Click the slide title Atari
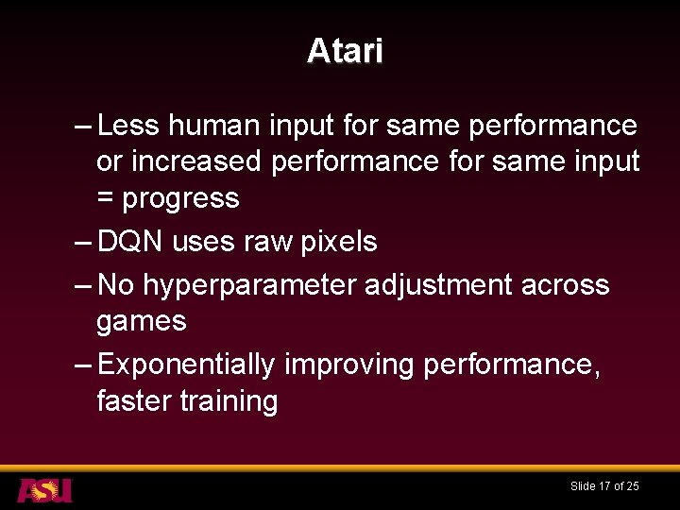345,51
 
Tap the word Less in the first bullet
127,126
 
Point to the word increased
195,161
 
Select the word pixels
338,242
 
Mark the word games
141,322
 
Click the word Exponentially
186,365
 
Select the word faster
134,401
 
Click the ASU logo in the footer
44,489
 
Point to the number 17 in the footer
603,486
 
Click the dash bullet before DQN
82,242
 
